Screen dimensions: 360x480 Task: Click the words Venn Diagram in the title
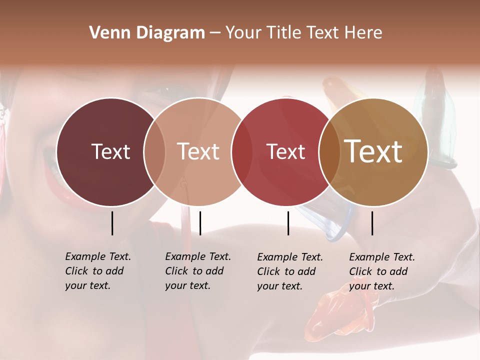click(147, 33)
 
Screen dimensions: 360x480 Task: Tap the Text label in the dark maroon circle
click(110, 151)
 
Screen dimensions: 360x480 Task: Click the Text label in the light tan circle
click(198, 151)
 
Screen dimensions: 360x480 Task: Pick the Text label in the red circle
click(285, 152)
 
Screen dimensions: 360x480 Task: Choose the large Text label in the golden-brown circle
click(373, 151)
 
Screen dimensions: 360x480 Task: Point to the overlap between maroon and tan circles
click(154, 152)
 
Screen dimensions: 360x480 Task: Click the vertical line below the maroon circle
click(112, 223)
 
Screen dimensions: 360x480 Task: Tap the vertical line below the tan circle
click(200, 223)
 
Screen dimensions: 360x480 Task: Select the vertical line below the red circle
click(288, 223)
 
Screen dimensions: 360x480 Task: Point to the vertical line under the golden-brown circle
click(372, 223)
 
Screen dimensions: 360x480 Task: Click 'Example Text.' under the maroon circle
click(98, 256)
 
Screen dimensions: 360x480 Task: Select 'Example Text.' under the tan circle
click(198, 256)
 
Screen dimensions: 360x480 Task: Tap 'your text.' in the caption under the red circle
click(279, 286)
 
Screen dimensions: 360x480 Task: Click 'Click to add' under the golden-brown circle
click(378, 271)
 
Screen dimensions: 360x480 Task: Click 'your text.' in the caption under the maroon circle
click(87, 285)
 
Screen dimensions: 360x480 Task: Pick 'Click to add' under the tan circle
click(194, 271)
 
